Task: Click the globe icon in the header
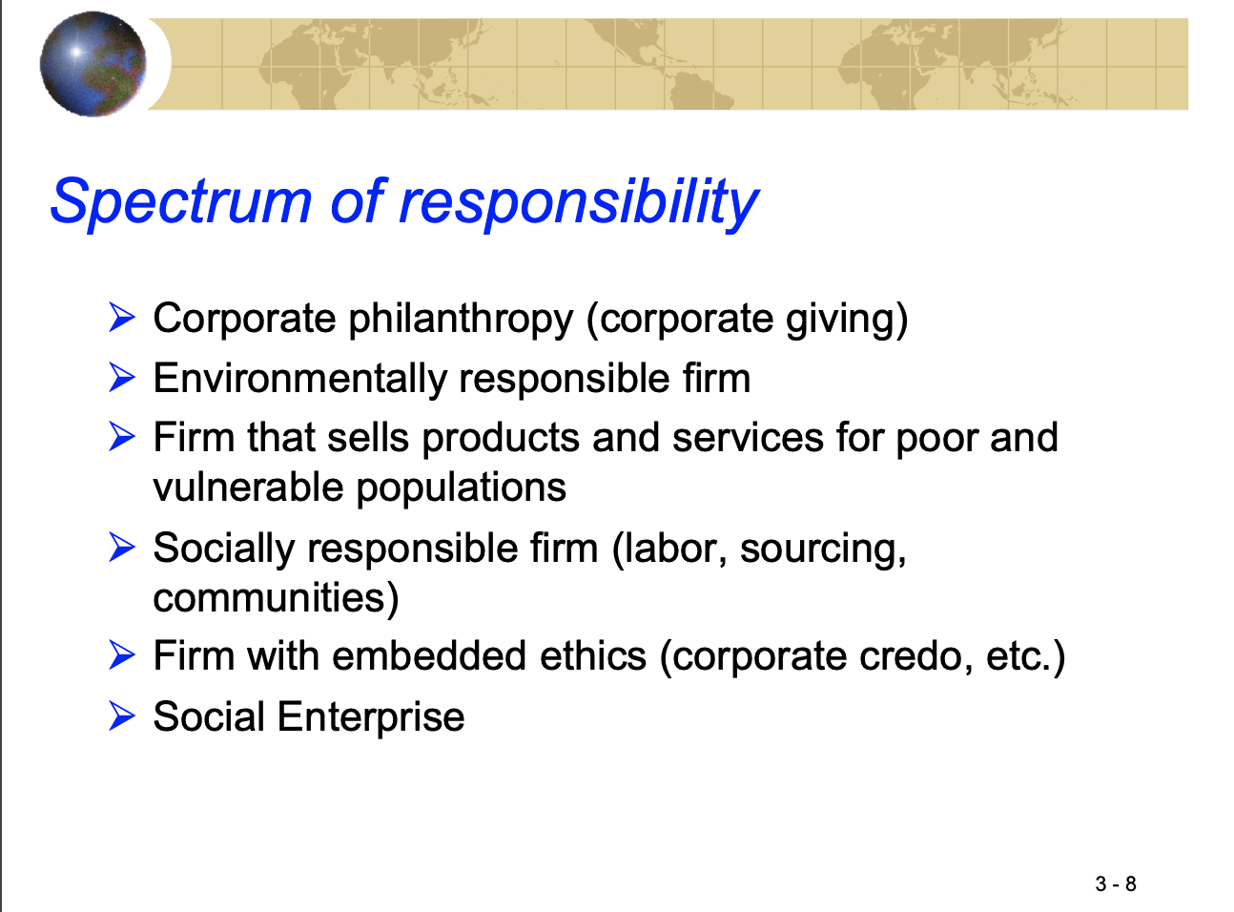(x=93, y=64)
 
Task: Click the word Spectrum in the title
(x=181, y=202)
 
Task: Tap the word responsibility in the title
(x=579, y=202)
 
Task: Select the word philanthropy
(x=461, y=320)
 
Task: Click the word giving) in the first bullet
(x=847, y=320)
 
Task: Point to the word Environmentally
(x=299, y=379)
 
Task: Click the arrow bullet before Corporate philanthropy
(x=122, y=318)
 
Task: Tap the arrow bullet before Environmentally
(x=122, y=377)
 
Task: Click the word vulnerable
(x=248, y=487)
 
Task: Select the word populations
(x=462, y=488)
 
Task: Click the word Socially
(x=224, y=549)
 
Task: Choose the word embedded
(x=429, y=656)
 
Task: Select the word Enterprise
(x=371, y=717)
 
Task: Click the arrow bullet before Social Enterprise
(x=122, y=715)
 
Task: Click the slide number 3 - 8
(x=1116, y=883)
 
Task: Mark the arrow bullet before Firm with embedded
(x=122, y=654)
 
